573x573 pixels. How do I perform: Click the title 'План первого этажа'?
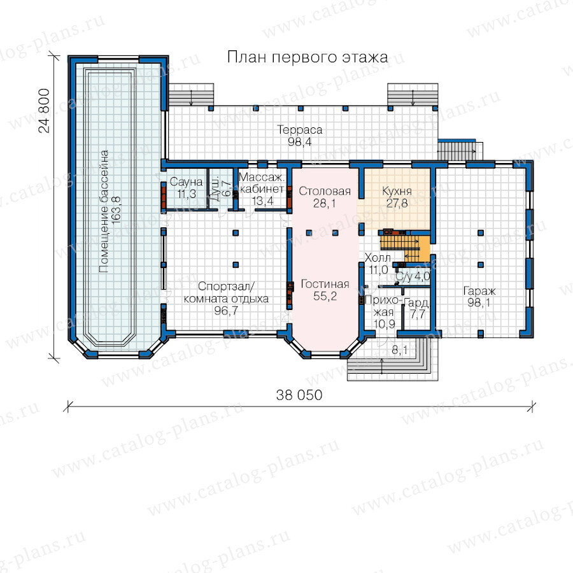308,57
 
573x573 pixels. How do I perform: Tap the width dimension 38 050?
299,395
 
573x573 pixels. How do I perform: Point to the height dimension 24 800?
44,110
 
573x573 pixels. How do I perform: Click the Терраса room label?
300,130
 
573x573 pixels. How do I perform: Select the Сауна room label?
187,181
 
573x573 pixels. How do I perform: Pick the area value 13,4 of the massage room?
262,201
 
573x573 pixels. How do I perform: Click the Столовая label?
325,191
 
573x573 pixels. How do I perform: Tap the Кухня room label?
397,191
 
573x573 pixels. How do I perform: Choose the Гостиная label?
325,284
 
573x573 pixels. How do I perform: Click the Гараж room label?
479,291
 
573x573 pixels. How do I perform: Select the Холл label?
378,258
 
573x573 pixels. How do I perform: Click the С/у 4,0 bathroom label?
413,277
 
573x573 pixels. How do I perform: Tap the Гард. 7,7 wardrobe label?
417,308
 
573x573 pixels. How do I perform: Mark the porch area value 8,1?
399,350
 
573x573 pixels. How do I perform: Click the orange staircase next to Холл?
404,247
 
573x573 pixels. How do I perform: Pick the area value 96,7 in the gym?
226,310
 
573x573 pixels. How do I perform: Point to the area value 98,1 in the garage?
479,302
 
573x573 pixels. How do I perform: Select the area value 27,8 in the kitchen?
397,203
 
